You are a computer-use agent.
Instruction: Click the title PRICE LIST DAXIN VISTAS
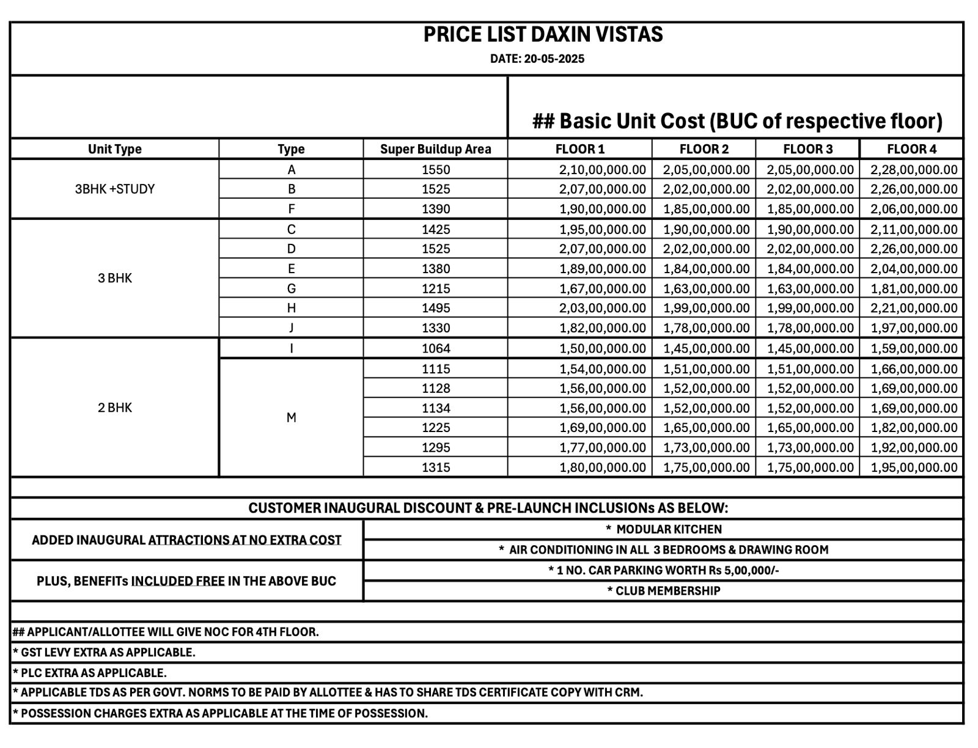[543, 34]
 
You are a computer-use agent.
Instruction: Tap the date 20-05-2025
[554, 59]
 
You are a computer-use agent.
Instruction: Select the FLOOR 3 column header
[807, 149]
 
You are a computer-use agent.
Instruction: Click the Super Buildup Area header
[435, 149]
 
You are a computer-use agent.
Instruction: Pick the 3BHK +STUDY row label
[115, 189]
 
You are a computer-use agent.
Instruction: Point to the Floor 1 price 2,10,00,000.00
[602, 169]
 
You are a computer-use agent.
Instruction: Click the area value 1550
[435, 169]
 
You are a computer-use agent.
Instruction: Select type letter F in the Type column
[292, 209]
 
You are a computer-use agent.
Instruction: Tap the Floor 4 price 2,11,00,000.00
[914, 229]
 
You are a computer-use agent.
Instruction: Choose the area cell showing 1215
[435, 288]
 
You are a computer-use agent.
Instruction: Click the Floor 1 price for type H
[602, 308]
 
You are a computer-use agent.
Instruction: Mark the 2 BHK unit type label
[115, 408]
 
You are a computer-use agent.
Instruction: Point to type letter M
[292, 418]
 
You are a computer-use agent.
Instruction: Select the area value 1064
[435, 348]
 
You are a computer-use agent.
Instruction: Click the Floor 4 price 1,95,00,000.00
[914, 468]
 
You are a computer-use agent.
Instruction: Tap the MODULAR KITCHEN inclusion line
[664, 529]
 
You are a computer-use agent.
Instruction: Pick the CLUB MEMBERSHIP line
[664, 591]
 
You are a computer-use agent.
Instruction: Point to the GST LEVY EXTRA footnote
[104, 652]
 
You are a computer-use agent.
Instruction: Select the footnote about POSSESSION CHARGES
[220, 713]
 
